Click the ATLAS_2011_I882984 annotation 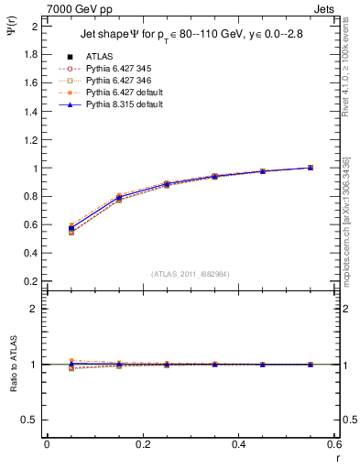[191, 274]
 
